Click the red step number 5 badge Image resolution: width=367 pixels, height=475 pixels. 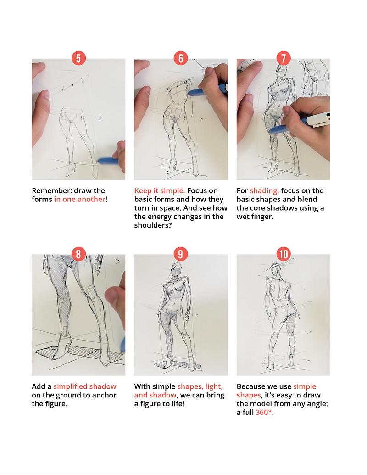(x=78, y=58)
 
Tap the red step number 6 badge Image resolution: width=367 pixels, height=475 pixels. (x=181, y=58)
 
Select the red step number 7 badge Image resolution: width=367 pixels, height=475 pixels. (x=284, y=58)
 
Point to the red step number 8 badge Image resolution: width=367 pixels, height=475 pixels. (x=78, y=254)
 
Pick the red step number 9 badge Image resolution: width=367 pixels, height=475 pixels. (x=181, y=254)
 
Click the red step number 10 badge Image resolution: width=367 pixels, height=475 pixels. (x=284, y=254)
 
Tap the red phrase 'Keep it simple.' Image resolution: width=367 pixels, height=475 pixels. (x=160, y=191)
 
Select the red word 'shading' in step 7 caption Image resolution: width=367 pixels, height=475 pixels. (x=263, y=191)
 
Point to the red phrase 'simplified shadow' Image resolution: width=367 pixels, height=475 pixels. (x=85, y=386)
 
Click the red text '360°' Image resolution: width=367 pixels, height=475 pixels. (x=263, y=412)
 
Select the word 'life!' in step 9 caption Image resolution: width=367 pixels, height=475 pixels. (x=177, y=403)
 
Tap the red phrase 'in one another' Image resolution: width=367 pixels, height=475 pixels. (x=80, y=199)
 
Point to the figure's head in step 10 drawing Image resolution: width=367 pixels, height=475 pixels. (x=276, y=269)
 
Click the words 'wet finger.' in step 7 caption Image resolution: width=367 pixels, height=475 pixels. (x=255, y=217)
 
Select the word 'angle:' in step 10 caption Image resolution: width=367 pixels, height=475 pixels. (x=317, y=404)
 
